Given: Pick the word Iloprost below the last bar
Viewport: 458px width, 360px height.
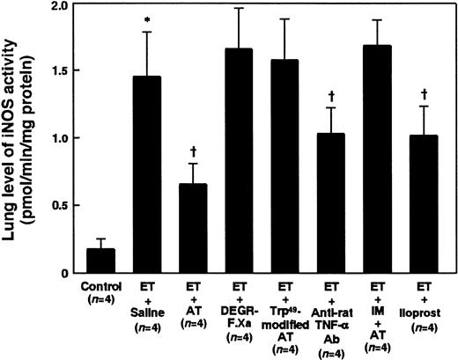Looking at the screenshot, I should point(430,313).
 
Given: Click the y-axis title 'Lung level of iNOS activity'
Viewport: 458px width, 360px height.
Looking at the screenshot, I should point(18,136).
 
